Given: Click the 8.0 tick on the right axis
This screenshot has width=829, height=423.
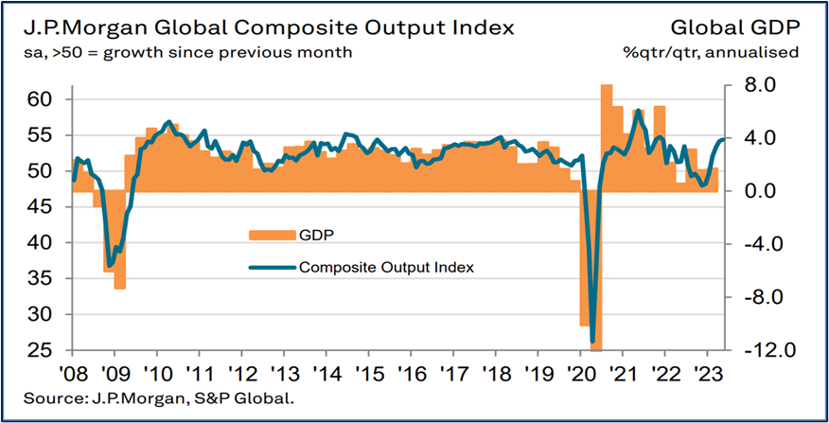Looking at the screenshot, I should tap(750, 85).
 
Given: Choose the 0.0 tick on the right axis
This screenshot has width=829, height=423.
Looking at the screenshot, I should tap(750, 191).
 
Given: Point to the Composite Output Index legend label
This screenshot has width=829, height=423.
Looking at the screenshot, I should tap(385, 268).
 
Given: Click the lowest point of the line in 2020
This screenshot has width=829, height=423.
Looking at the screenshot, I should tap(592, 342).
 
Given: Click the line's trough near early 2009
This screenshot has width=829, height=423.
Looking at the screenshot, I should tap(110, 266).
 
